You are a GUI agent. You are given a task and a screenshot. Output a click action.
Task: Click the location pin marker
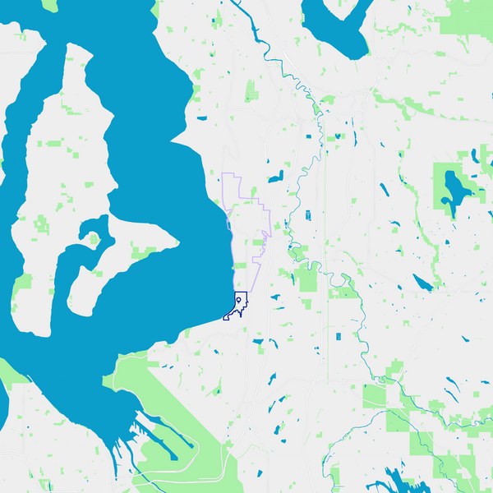[239, 302]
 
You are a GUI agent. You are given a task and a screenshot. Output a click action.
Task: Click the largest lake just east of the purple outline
[274, 176]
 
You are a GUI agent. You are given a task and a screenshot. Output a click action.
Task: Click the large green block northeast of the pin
[308, 279]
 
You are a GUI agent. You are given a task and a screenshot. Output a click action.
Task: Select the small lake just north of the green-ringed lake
[474, 154]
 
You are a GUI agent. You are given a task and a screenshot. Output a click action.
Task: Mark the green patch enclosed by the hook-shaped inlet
[94, 239]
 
